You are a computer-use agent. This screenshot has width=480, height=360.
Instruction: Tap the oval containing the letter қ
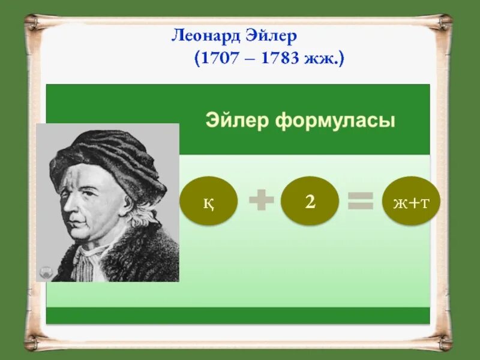pyautogui.click(x=209, y=202)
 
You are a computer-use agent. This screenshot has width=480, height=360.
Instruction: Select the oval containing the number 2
pyautogui.click(x=310, y=202)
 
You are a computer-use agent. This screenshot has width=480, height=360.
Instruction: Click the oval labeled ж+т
pyautogui.click(x=412, y=202)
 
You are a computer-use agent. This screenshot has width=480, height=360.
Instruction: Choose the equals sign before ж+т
pyautogui.click(x=360, y=201)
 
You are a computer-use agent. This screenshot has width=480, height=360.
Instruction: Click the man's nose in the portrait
pyautogui.click(x=71, y=207)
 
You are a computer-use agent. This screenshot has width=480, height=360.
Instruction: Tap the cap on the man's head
pyautogui.click(x=108, y=156)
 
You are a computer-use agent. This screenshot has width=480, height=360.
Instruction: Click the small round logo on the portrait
pyautogui.click(x=45, y=272)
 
